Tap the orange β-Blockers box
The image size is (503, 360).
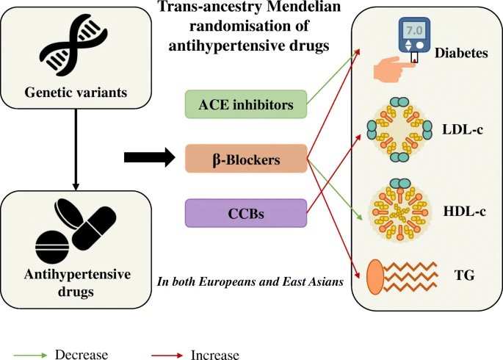pyautogui.click(x=245, y=157)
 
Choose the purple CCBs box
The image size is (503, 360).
pyautogui.click(x=246, y=212)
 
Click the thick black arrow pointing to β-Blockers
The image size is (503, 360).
pyautogui.click(x=149, y=156)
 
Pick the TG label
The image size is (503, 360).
pyautogui.click(x=465, y=276)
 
